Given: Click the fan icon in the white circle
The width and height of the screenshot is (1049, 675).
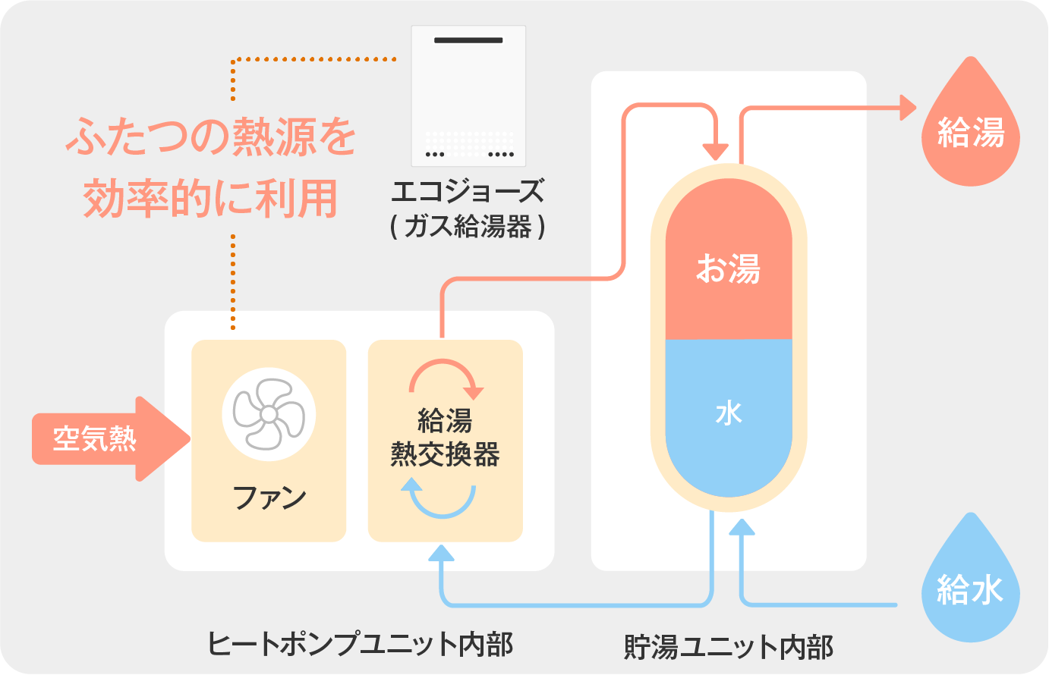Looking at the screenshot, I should tap(269, 414).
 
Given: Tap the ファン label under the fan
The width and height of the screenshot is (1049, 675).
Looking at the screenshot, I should tap(269, 498).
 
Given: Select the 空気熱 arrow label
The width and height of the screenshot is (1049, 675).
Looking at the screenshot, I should tap(95, 439).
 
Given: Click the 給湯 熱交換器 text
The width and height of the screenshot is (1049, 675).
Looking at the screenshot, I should tap(445, 438).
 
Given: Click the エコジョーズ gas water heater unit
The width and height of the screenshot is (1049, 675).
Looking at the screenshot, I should tap(468, 96).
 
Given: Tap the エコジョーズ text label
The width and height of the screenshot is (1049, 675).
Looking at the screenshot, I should tap(468, 191).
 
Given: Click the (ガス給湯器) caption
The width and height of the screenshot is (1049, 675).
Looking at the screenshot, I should tap(468, 226).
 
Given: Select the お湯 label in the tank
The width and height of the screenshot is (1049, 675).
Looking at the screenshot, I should tap(728, 268).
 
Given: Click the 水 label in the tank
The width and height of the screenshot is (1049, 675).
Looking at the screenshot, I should tap(728, 413).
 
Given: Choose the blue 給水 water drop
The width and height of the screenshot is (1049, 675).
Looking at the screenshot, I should tap(970, 588).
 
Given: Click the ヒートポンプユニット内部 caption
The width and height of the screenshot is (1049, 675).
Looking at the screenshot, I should tap(360, 644).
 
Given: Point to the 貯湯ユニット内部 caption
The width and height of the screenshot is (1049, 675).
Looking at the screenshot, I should tap(728, 647).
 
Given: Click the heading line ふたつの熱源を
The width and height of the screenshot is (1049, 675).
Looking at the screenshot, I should tap(212, 137).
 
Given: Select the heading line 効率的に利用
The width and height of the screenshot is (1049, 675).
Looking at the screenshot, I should tap(210, 198).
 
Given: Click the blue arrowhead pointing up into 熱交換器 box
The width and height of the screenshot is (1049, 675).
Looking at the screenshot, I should tap(441, 553).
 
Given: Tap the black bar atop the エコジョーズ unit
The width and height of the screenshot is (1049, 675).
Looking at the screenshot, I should tap(468, 40).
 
